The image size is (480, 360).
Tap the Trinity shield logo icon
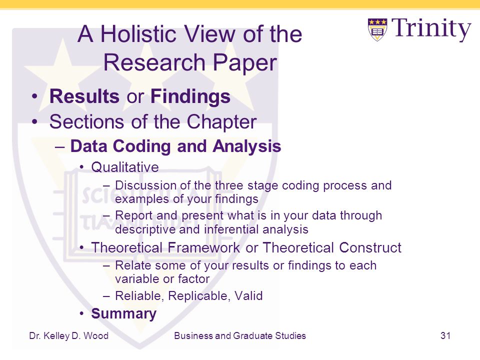point(377,29)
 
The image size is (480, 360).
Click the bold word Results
point(84,96)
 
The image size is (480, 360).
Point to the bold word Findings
point(190,96)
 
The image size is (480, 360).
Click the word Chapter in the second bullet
point(221,122)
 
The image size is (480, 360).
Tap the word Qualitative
point(125,167)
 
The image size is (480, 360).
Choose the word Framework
point(204,247)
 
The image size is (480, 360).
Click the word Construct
point(370,247)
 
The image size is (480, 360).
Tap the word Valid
point(248,296)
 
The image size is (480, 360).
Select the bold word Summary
point(123,314)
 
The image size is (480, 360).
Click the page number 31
point(445,335)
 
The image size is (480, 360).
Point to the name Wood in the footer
point(96,335)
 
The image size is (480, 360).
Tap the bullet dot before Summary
point(81,314)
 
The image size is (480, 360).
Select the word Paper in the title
point(244,63)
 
